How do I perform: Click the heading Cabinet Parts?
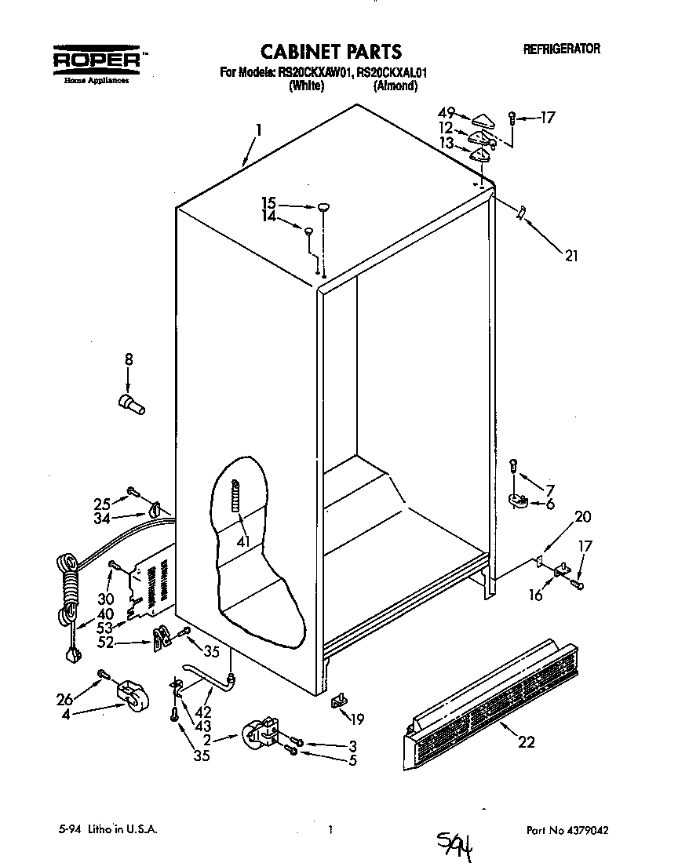tap(330, 52)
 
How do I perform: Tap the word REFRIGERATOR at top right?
tap(561, 49)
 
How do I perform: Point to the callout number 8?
tap(129, 360)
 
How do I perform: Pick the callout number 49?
tap(447, 111)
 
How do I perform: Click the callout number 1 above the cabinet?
tap(259, 129)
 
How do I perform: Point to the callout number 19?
tap(357, 719)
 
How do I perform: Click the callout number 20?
tap(582, 517)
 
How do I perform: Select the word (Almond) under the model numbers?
tap(395, 86)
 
